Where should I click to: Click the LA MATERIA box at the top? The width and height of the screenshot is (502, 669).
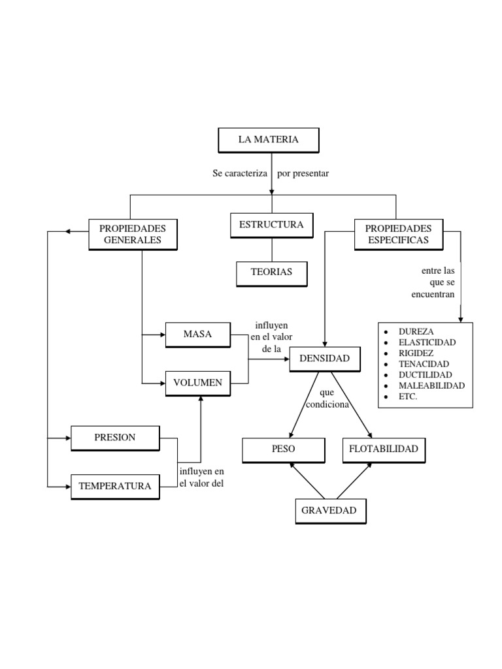click(268, 140)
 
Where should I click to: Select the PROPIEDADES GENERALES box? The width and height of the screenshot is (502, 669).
click(132, 234)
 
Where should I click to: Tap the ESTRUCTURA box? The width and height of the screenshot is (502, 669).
click(271, 225)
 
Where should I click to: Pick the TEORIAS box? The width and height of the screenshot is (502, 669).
click(271, 272)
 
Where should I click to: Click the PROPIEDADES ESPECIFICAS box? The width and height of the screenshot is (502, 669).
click(398, 234)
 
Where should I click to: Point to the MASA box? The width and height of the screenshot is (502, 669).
click(197, 334)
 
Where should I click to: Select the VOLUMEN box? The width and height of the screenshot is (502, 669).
click(197, 383)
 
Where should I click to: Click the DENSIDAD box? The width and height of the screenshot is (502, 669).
click(324, 359)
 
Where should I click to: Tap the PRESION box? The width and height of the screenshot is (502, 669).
click(114, 438)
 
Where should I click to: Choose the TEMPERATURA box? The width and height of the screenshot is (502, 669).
click(114, 486)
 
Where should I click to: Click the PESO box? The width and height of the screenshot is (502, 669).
click(283, 449)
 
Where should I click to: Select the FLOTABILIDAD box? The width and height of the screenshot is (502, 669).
click(384, 449)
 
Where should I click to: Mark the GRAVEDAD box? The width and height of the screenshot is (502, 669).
click(329, 511)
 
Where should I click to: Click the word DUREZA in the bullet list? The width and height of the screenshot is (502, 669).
click(416, 332)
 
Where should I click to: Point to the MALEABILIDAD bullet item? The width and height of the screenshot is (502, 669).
click(431, 385)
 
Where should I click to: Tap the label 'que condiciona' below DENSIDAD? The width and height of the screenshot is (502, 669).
click(327, 399)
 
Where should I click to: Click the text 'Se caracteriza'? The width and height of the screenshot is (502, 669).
click(240, 174)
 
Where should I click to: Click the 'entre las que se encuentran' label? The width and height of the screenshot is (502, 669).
click(433, 282)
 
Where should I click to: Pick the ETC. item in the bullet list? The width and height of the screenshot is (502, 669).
click(408, 397)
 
